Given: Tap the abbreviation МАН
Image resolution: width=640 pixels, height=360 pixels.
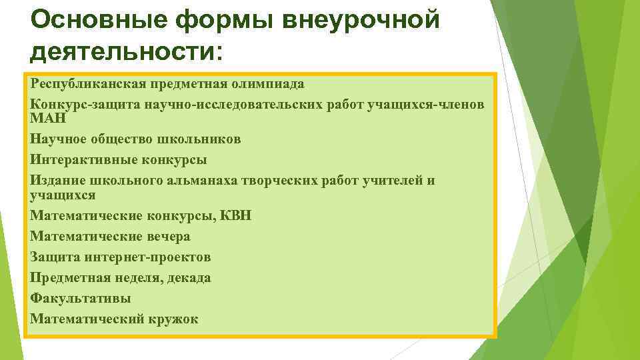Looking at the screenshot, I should (x=46, y=118).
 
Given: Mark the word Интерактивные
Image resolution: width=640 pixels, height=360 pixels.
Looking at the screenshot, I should (x=81, y=160).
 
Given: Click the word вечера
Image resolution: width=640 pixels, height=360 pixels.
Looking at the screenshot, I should (x=166, y=237).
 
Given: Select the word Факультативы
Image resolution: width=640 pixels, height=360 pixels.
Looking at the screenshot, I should (x=80, y=298).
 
